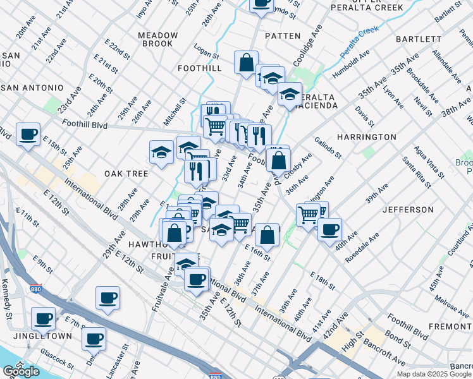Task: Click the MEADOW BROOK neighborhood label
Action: [x=157, y=39]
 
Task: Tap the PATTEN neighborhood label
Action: [x=283, y=36]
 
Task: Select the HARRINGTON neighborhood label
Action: [x=366, y=136]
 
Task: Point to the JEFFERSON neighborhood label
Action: [x=408, y=209]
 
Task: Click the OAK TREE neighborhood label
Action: [x=126, y=173]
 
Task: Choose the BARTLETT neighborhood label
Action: [x=418, y=39]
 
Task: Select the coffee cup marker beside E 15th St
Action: [x=28, y=134]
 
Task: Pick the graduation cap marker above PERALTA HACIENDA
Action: [x=290, y=94]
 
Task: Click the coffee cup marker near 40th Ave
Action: [x=329, y=229]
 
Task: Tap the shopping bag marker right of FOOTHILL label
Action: [x=245, y=62]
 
